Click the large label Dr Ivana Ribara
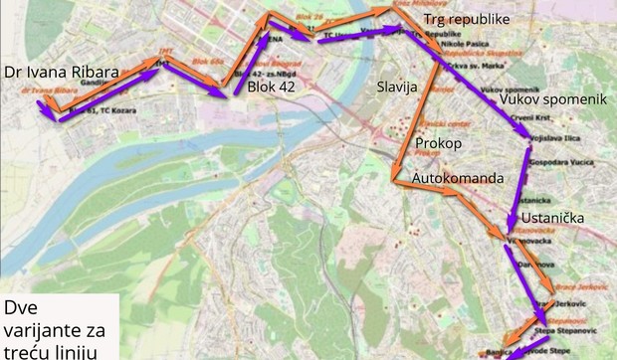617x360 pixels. pyautogui.click(x=74, y=74)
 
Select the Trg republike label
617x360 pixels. pyautogui.click(x=467, y=20)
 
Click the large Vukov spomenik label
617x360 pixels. pyautogui.click(x=554, y=101)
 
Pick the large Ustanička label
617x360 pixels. pyautogui.click(x=572, y=218)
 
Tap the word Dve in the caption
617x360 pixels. pyautogui.click(x=23, y=306)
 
